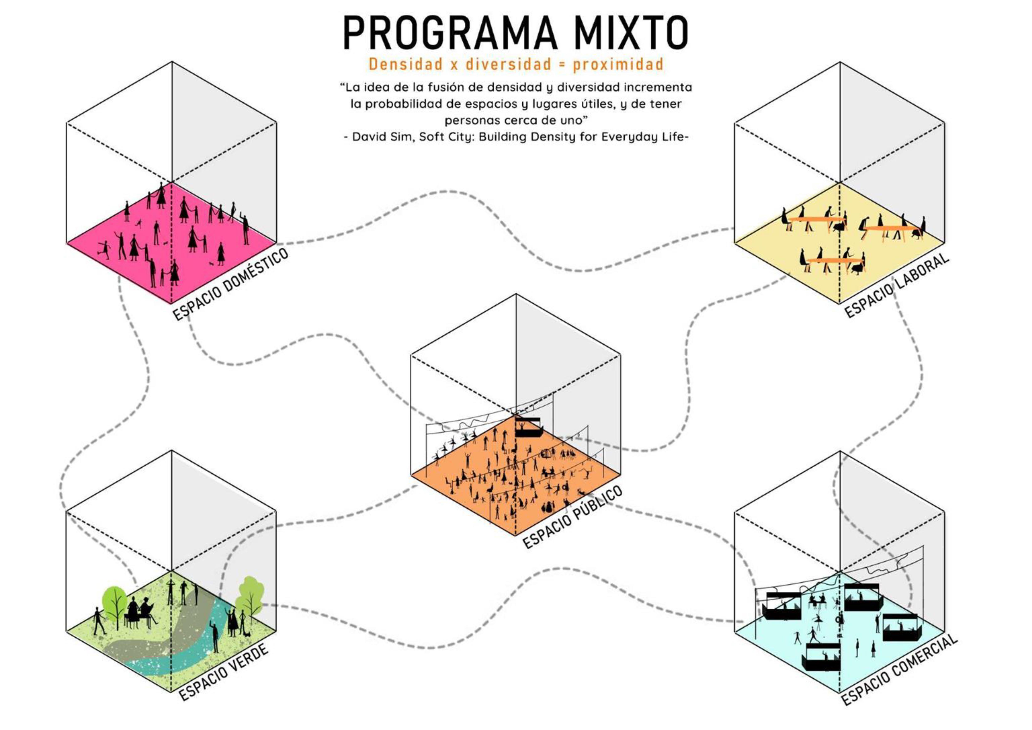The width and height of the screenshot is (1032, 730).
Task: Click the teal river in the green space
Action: click(x=198, y=643)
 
